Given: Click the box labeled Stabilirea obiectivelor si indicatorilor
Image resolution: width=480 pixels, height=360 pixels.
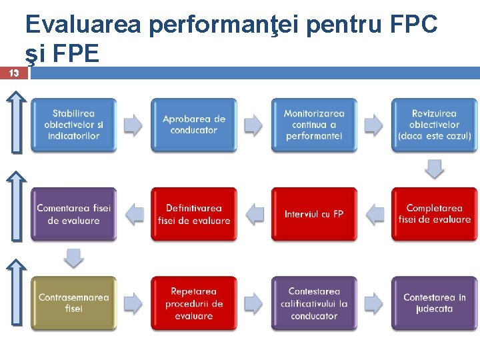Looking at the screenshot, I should click(73, 125).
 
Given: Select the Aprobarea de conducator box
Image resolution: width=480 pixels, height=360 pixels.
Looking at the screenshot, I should click(194, 125).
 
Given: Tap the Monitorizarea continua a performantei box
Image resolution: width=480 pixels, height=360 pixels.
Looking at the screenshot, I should click(314, 125).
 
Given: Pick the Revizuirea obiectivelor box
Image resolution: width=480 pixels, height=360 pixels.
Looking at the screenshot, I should click(434, 125).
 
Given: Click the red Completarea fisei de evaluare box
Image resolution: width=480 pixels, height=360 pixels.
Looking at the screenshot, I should click(434, 214).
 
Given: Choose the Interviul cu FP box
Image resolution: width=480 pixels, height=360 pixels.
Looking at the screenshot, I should click(314, 214).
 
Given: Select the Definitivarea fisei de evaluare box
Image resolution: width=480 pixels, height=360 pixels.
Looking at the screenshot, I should click(194, 214).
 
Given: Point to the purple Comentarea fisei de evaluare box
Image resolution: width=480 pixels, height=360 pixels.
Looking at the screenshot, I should click(73, 214).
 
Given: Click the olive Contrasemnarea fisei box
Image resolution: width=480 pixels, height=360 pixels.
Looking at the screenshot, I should click(73, 303).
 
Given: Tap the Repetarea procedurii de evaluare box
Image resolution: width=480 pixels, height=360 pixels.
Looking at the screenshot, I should click(194, 303).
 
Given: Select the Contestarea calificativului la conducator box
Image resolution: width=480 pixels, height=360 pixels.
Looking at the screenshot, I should click(314, 303).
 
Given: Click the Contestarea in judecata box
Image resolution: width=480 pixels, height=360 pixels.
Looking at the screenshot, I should click(434, 303).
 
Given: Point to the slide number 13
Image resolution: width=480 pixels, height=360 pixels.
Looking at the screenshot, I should click(14, 73).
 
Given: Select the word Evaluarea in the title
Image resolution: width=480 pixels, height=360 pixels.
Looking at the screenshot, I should click(83, 25).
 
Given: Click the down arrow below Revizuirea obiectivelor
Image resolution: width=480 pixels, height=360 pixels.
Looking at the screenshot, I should click(435, 169).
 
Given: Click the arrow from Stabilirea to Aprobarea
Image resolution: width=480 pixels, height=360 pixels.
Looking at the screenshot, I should click(134, 125).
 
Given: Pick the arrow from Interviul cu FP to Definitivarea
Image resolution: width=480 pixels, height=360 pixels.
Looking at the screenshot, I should click(255, 214).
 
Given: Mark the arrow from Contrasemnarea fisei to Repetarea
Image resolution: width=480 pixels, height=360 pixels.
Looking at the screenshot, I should click(134, 303).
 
